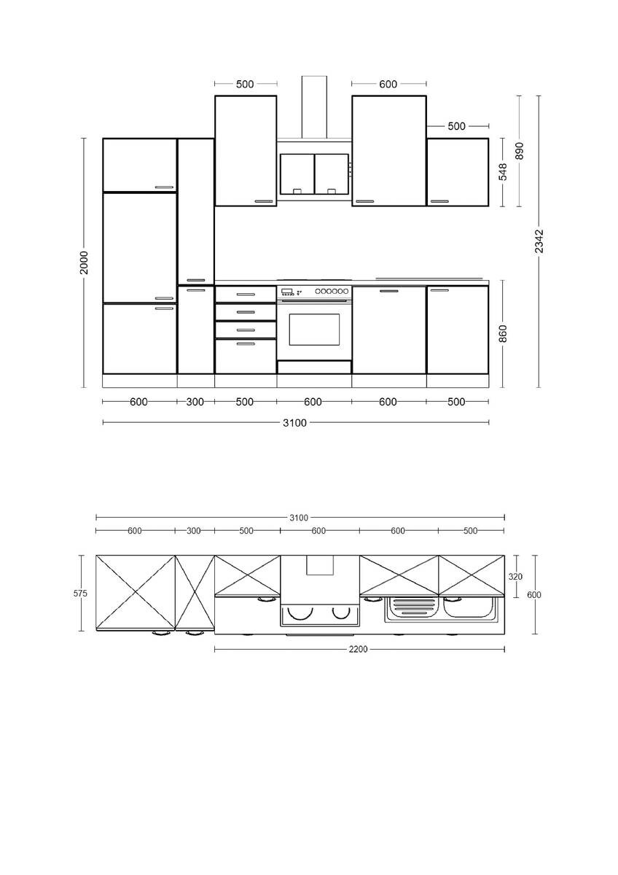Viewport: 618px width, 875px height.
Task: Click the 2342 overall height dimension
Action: (x=539, y=241)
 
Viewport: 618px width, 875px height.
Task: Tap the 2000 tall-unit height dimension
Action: (x=84, y=262)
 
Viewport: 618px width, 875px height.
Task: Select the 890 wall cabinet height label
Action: (x=519, y=151)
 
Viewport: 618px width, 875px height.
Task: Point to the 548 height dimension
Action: (x=503, y=172)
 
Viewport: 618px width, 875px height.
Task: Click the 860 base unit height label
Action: (x=503, y=334)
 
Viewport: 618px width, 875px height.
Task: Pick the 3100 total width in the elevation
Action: (x=294, y=423)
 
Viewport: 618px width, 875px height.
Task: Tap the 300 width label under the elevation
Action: (x=195, y=402)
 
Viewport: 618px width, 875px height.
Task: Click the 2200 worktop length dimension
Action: (x=358, y=649)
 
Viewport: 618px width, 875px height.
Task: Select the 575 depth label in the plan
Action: (x=80, y=594)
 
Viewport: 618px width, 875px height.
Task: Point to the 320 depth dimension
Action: (x=515, y=577)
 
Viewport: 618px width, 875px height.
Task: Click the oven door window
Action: (x=314, y=330)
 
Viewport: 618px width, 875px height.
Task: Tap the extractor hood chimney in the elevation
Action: (x=314, y=107)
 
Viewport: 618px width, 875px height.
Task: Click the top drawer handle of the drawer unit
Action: (x=246, y=295)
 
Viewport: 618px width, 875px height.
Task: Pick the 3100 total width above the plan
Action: (x=299, y=518)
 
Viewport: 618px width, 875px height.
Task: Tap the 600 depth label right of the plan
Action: (x=534, y=594)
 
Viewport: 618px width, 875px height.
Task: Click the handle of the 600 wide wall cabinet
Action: (x=365, y=201)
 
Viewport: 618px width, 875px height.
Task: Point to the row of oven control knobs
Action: (x=332, y=291)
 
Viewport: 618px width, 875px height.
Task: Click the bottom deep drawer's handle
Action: (x=246, y=344)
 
